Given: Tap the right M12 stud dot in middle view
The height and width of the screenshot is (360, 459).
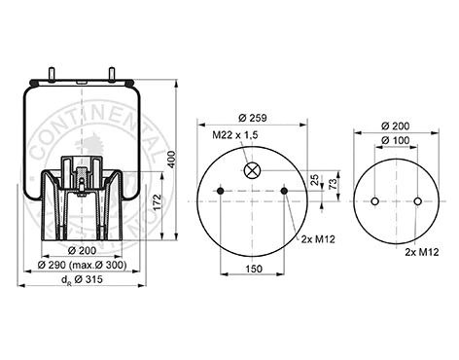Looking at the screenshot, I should (x=285, y=193).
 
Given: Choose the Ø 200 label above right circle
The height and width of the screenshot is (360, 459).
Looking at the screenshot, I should (x=396, y=126).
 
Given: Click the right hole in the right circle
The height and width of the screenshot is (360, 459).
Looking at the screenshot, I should (x=417, y=202).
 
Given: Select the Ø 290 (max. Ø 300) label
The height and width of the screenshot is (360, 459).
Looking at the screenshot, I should (x=84, y=266).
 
